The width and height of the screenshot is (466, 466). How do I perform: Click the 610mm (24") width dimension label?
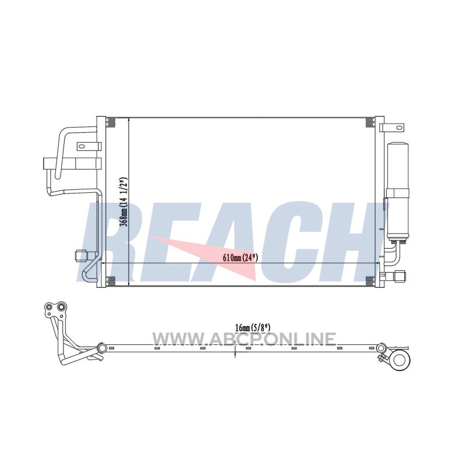click(241, 257)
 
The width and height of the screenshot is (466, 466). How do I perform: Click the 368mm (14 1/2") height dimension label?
click(123, 202)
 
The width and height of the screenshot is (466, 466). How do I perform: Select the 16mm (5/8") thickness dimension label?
click(252, 328)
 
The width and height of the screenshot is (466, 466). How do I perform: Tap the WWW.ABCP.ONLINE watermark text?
click(244, 340)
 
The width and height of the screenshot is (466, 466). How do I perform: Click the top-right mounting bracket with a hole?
click(392, 128)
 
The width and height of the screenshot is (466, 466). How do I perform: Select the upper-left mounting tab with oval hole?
click(89, 146)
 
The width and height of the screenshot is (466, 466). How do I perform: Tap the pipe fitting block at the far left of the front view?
click(50, 164)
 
